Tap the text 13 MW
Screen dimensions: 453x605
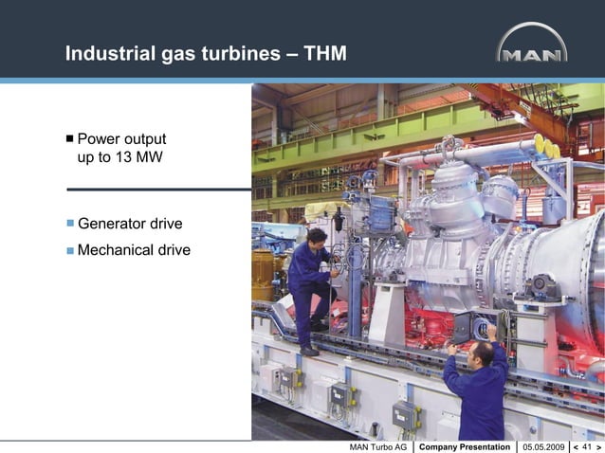coord(127,157)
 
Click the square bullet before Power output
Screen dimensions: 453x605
coord(69,138)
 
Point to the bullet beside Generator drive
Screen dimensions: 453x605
coord(69,225)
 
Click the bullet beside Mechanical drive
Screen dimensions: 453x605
coord(69,251)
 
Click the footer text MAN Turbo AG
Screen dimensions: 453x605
coord(378,445)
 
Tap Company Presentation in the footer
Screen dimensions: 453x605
coord(464,445)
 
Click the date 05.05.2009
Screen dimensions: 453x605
coord(543,445)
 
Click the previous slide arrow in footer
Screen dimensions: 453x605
coord(576,445)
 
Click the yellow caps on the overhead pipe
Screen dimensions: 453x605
coord(546,147)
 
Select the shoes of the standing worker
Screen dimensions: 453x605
coord(309,350)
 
